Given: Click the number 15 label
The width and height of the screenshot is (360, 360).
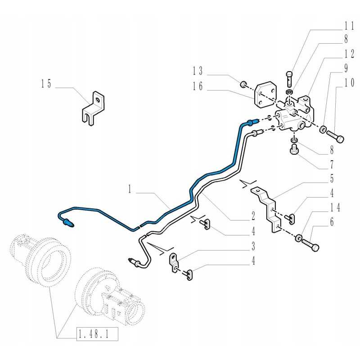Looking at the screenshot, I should click(x=46, y=83).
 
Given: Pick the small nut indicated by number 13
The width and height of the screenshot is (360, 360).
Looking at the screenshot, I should click(x=243, y=83).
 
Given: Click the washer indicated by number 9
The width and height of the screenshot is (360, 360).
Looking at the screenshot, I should click(x=323, y=130).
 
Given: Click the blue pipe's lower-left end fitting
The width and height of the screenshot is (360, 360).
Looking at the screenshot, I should click(x=68, y=221).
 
